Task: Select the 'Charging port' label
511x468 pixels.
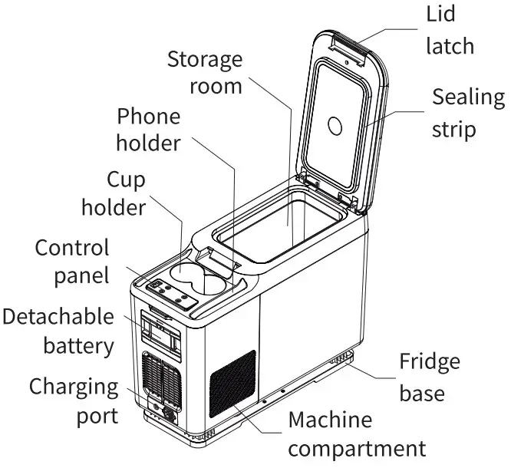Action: click(x=74, y=400)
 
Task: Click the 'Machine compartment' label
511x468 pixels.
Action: click(x=355, y=433)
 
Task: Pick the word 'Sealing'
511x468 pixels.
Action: click(x=468, y=98)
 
